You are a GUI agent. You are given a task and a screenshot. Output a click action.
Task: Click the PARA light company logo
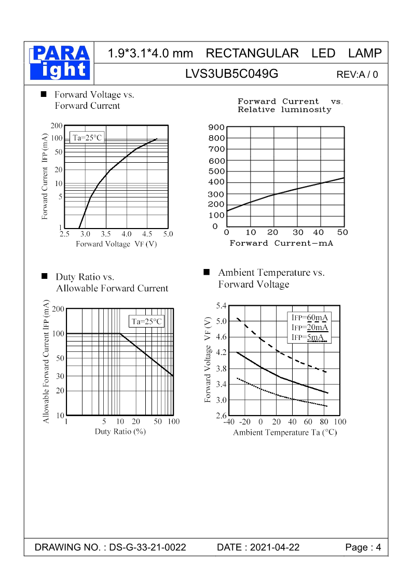59,63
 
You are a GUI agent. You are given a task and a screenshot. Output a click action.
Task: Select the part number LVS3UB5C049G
231,74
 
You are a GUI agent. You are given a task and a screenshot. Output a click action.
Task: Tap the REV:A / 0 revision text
358,75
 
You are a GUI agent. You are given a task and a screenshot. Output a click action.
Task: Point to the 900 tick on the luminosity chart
217,127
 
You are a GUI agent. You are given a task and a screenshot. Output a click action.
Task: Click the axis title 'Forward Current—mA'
281,243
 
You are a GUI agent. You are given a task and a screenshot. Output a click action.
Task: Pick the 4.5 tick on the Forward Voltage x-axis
147,234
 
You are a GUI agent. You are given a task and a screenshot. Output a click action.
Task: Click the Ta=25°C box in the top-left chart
87,137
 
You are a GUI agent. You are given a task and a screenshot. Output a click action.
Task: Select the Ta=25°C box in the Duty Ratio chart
147,321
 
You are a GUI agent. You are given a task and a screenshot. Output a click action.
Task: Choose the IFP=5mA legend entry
309,337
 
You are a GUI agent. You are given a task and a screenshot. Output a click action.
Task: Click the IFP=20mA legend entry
310,328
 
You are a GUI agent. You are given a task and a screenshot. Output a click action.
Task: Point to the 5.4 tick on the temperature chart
221,305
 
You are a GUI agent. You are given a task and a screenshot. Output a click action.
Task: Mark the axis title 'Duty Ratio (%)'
119,431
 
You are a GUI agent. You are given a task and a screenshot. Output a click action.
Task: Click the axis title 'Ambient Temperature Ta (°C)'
285,432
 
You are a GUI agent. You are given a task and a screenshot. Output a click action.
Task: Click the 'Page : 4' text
363,548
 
